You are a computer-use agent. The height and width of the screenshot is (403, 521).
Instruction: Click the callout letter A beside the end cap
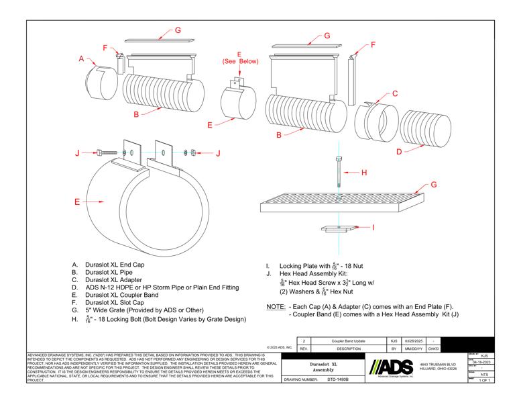tap(82, 59)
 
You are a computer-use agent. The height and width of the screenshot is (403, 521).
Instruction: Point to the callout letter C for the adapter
tap(395, 93)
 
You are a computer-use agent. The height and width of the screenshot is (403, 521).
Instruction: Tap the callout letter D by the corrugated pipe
tap(400, 152)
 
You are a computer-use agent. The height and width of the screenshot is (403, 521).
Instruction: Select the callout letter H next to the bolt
tap(364, 173)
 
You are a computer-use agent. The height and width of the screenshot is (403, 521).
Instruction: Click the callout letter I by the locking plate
tap(373, 228)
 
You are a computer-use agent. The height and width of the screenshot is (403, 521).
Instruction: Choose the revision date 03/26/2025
tap(410, 341)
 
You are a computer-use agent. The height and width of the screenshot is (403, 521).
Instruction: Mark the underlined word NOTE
tap(276, 306)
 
